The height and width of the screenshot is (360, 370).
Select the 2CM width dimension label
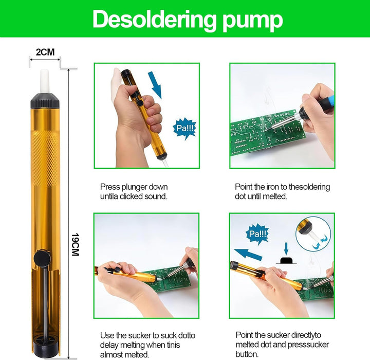(45, 52)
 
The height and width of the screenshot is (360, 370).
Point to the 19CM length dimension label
(75, 245)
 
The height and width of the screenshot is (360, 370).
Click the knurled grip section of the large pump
(45, 154)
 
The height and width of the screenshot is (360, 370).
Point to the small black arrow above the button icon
(286, 248)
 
